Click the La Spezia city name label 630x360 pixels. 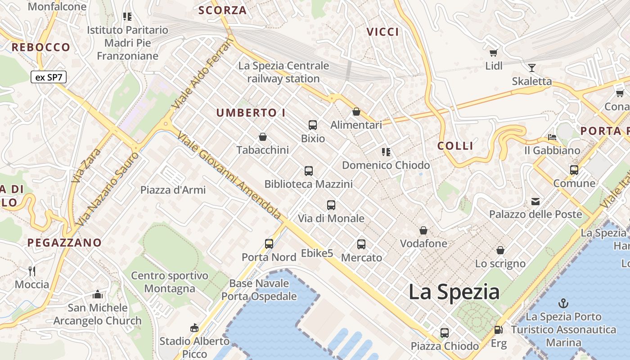coord(454,292)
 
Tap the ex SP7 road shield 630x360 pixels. coord(49,77)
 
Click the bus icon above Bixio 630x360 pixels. coord(313,125)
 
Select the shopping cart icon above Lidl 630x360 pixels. coord(494,53)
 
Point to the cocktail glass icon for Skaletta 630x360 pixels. coord(532,68)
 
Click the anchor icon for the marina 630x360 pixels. coord(563,303)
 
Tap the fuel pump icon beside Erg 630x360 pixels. coord(498,330)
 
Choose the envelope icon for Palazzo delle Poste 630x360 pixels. coord(535,201)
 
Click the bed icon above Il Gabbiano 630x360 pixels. coord(552,137)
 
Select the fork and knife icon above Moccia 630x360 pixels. coord(31,271)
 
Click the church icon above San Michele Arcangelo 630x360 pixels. coord(97,295)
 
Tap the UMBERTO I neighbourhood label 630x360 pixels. coord(251,113)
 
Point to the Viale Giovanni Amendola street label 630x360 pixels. coord(229,175)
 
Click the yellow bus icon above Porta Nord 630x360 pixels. coord(269,244)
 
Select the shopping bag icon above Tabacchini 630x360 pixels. coord(263,137)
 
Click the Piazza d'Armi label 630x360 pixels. coord(173,190)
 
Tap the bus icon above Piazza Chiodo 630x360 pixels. coord(445,333)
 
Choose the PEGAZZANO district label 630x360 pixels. coord(64,243)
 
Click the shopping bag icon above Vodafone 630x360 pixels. coord(423,231)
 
